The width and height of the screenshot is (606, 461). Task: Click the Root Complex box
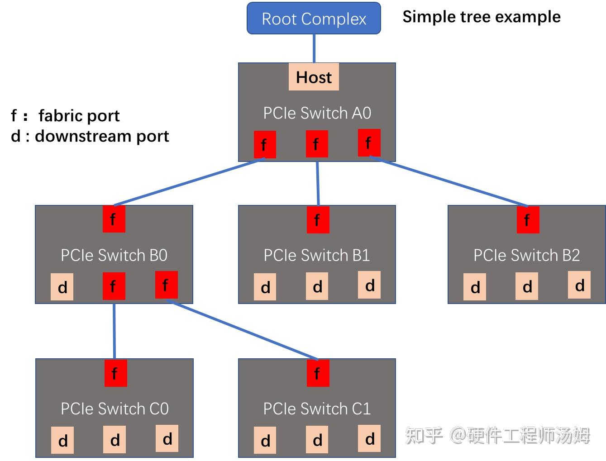[x=314, y=19]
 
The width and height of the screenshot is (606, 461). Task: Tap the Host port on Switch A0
[x=314, y=77]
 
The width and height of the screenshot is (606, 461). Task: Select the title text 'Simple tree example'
[x=482, y=17]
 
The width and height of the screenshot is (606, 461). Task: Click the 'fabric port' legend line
[x=66, y=116]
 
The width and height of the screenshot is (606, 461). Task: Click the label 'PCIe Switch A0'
[x=317, y=113]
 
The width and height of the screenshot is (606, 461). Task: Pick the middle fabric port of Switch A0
[x=317, y=144]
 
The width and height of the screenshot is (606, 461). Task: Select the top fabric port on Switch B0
[x=114, y=219]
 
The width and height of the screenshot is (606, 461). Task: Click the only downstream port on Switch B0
[x=62, y=287]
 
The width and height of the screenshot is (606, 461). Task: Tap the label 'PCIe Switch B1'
[x=317, y=255]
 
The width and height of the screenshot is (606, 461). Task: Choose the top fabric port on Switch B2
[x=528, y=220]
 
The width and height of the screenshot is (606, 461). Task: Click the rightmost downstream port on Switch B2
[x=579, y=285]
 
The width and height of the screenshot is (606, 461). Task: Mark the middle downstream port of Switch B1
[x=317, y=286]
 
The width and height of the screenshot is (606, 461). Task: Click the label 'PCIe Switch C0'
[x=115, y=409]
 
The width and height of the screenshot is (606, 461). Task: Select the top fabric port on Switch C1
[x=318, y=373]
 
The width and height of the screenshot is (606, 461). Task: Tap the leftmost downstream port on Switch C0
[x=62, y=440]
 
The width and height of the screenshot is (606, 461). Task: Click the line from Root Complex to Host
[x=314, y=48]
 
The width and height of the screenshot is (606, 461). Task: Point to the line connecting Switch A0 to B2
[x=448, y=181]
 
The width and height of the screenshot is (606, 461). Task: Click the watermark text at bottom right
[x=498, y=436]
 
